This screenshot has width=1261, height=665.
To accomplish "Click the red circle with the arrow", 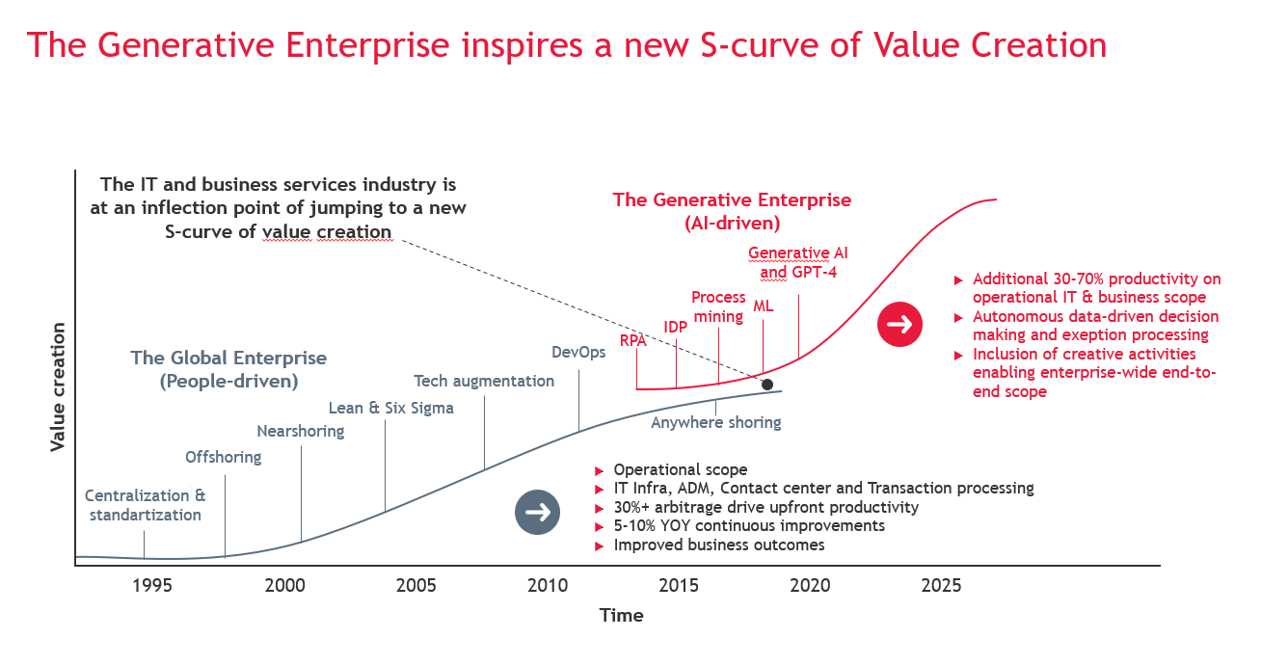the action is (899, 324).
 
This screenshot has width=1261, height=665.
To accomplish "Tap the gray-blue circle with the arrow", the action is (537, 512).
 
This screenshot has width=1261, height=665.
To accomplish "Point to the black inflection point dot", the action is (767, 385).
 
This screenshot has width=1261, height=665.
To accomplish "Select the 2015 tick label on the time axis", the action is (679, 586).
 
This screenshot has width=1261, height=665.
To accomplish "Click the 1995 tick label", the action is (152, 586).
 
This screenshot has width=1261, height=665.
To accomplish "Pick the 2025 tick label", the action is (941, 586).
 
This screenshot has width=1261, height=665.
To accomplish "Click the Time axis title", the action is (621, 615).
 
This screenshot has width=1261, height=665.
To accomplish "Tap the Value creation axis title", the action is (58, 387).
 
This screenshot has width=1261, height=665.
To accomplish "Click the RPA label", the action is (632, 340).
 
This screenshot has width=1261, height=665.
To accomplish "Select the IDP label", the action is (676, 327).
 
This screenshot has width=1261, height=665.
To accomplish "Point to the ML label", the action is (764, 306).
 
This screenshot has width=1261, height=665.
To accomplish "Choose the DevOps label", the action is (578, 352).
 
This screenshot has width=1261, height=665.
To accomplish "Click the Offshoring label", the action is (224, 457).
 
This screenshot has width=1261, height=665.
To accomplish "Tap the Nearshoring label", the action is (301, 431).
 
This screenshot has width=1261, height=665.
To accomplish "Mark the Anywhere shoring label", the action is (716, 422).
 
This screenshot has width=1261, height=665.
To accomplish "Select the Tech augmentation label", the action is (484, 381).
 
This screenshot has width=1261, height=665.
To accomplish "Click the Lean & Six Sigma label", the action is (391, 408).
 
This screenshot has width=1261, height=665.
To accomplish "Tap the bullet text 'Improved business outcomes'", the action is (719, 545).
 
